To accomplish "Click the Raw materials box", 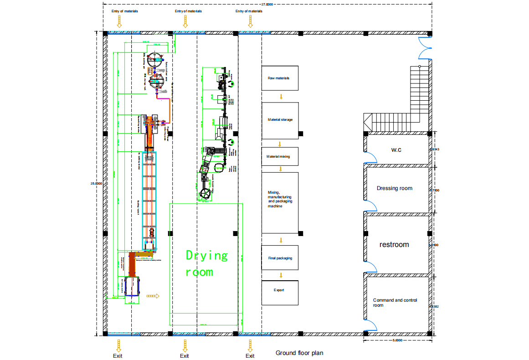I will (x=280, y=78).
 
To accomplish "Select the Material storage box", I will (x=280, y=120).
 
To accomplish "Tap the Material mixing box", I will (x=280, y=156).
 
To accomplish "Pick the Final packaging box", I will (x=280, y=258).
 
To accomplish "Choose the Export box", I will (x=280, y=293).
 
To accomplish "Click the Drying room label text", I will (x=206, y=263).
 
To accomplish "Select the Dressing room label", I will (x=394, y=188).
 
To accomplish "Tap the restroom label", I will (x=394, y=245).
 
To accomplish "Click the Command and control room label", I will (x=395, y=303).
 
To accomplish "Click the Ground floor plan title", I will (x=299, y=353).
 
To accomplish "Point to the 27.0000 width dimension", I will (x=267, y=4).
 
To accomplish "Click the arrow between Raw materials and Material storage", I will (x=281, y=96).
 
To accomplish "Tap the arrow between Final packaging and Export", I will (x=281, y=275).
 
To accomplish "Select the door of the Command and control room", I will (x=371, y=324).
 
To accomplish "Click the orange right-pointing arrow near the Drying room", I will (x=153, y=296).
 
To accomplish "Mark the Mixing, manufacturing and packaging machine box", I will (x=280, y=203).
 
